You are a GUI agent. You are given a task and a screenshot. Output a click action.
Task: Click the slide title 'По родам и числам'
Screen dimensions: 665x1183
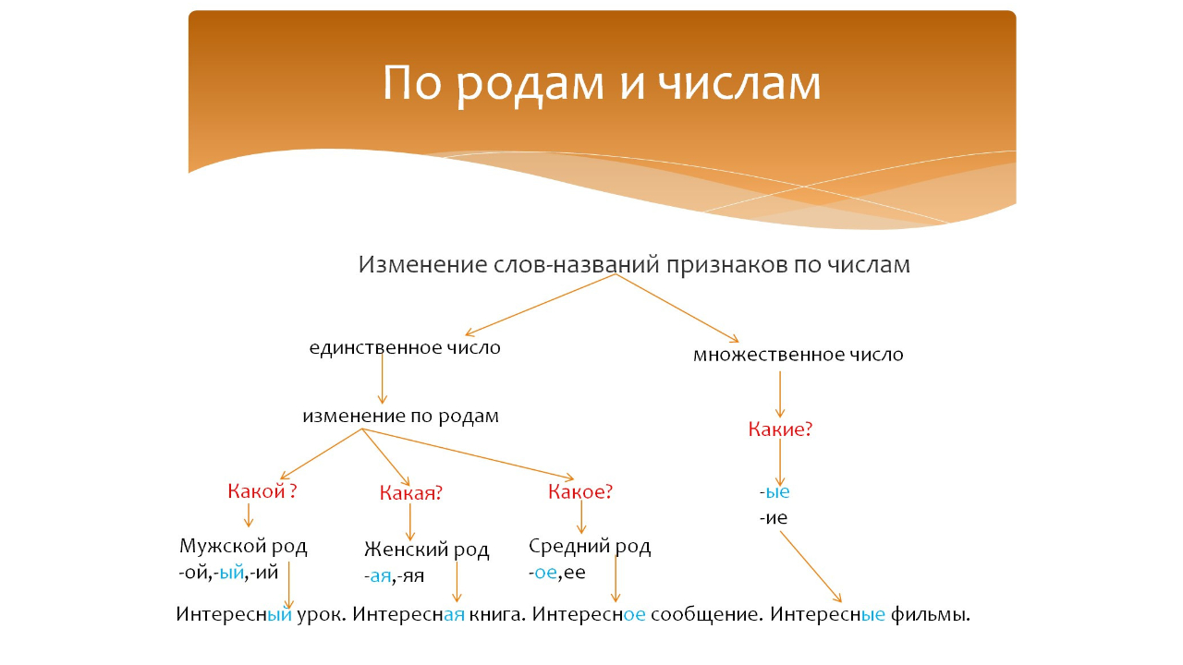[602, 83]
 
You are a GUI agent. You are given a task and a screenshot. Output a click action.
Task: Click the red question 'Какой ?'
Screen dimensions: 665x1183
[262, 490]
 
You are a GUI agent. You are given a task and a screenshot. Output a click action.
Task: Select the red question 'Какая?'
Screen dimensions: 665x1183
[411, 492]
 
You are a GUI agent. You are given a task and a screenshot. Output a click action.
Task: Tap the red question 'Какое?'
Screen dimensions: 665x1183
[580, 490]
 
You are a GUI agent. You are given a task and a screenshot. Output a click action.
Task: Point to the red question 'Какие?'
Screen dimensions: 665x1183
[780, 429]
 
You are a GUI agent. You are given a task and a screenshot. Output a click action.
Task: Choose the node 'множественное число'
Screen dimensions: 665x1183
[799, 355]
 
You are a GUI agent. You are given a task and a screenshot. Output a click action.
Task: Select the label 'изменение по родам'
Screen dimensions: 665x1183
[400, 416]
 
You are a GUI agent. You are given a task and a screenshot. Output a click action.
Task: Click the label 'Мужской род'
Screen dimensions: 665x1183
[243, 546]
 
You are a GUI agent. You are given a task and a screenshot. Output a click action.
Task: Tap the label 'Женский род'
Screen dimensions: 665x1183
[426, 550]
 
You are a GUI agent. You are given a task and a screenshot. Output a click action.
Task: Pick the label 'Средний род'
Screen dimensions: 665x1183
[590, 547]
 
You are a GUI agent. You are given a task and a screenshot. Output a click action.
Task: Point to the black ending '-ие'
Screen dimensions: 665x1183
[774, 518]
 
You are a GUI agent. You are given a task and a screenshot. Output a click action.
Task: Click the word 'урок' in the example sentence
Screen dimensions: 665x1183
[322, 614]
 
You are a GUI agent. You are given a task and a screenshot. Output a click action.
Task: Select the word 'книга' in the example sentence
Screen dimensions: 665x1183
[497, 614]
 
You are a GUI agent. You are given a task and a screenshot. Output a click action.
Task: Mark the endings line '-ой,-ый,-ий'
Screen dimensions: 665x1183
[228, 573]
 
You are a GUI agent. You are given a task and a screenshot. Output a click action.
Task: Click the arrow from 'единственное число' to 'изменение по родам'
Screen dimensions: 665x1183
[383, 381]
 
